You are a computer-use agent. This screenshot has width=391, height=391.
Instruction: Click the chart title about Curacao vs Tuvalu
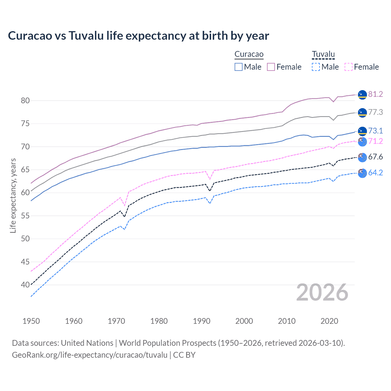[x=138, y=36]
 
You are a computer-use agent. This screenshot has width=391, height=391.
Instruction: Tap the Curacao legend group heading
[x=249, y=54]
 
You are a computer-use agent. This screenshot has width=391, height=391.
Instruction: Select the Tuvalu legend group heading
[x=323, y=54]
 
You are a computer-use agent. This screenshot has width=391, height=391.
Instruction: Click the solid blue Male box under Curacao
[x=239, y=67]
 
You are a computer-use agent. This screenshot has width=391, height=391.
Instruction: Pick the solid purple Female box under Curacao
[x=271, y=67]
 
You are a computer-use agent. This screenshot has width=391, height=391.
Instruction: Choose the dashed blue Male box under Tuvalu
[x=316, y=67]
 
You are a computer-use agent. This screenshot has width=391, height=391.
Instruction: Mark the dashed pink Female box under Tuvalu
[x=349, y=67]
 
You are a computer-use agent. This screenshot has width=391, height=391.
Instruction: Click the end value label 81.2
[x=375, y=94]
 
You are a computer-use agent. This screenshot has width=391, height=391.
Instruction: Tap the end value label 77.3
[x=375, y=112]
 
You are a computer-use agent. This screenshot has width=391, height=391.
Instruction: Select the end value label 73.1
[x=375, y=131]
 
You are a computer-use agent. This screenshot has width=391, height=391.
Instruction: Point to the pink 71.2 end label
[x=375, y=141]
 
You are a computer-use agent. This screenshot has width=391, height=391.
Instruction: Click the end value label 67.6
[x=375, y=157]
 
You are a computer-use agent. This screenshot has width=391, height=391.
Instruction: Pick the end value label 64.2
[x=375, y=173]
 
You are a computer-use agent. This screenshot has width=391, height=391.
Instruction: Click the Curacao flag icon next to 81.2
[x=362, y=95]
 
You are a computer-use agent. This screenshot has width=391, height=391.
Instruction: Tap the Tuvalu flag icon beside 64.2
[x=362, y=173]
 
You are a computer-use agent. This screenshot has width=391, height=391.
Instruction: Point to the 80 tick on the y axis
[x=25, y=100]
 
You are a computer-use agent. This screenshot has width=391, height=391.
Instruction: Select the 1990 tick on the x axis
[x=202, y=321]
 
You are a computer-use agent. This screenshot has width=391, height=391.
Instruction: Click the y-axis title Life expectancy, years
[x=13, y=195]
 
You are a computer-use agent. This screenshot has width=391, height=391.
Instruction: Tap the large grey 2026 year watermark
[x=322, y=293]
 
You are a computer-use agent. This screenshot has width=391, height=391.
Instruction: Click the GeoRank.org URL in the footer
[x=90, y=355]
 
